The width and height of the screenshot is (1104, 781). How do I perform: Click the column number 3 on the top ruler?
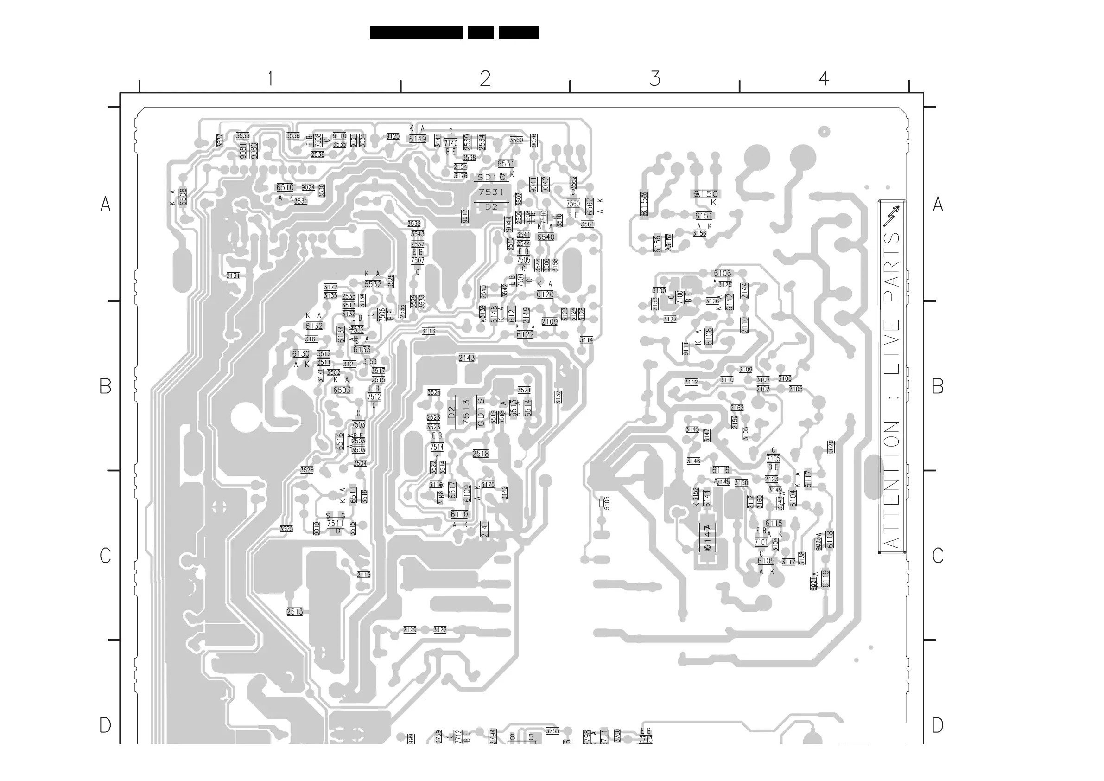click(654, 78)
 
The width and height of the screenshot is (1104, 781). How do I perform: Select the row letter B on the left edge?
click(105, 386)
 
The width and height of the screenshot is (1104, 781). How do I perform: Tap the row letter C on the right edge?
click(938, 555)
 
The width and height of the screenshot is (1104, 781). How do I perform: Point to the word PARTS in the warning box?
click(892, 267)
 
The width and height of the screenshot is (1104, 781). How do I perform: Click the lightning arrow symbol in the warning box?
click(891, 216)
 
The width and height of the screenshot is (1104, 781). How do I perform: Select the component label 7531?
click(491, 192)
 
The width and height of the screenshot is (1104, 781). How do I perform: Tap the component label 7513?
click(466, 412)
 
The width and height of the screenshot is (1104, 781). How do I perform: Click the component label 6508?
click(183, 196)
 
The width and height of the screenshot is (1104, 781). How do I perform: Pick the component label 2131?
click(233, 276)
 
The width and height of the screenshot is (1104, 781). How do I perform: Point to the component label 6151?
click(704, 216)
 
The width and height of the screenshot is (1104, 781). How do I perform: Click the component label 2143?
click(466, 358)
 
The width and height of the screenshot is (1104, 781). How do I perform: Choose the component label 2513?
click(295, 612)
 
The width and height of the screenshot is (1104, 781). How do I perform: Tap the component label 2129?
click(410, 630)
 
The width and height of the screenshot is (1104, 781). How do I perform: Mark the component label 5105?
click(607, 503)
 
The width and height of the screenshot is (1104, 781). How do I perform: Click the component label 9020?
click(831, 447)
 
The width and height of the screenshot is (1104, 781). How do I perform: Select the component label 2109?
click(549, 321)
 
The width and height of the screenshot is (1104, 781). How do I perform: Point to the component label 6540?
click(546, 237)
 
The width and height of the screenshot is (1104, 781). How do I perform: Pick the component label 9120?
click(393, 137)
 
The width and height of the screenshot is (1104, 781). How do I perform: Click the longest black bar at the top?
click(416, 33)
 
